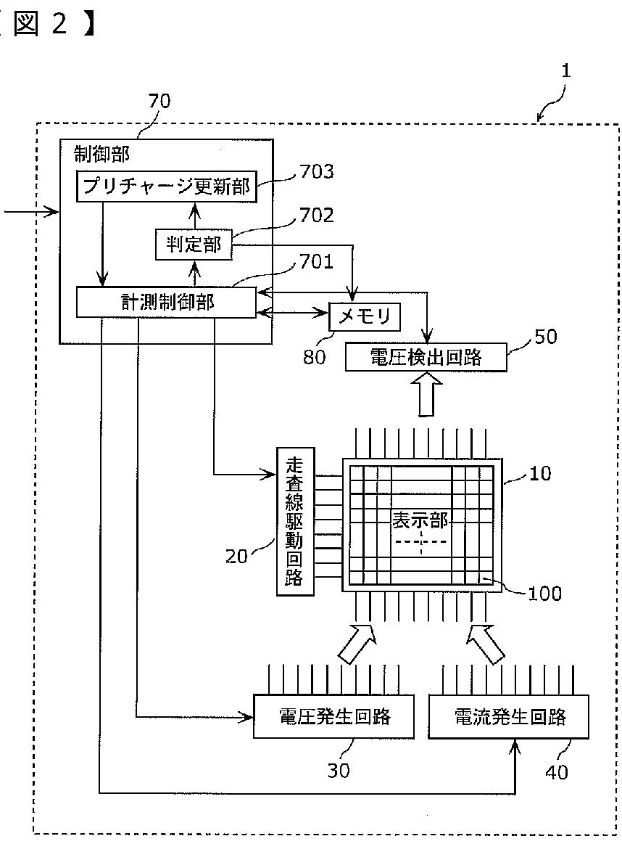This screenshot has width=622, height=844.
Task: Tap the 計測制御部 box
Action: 166,302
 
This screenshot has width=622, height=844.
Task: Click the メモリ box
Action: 364,316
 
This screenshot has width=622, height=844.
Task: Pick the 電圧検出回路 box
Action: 426,356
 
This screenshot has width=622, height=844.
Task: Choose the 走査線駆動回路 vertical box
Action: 294,521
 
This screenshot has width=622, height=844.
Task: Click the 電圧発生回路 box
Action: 333,716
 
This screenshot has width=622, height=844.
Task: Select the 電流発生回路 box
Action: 509,716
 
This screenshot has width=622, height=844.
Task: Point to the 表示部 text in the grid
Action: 420,520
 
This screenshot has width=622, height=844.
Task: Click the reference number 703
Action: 316,172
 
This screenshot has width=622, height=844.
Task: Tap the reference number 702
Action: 316,216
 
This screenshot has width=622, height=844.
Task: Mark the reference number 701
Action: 316,261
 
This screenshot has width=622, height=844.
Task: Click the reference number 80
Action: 315,356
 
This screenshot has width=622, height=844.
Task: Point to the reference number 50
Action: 546,337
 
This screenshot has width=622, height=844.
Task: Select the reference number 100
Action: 544,594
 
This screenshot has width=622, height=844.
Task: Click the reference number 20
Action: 236,556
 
